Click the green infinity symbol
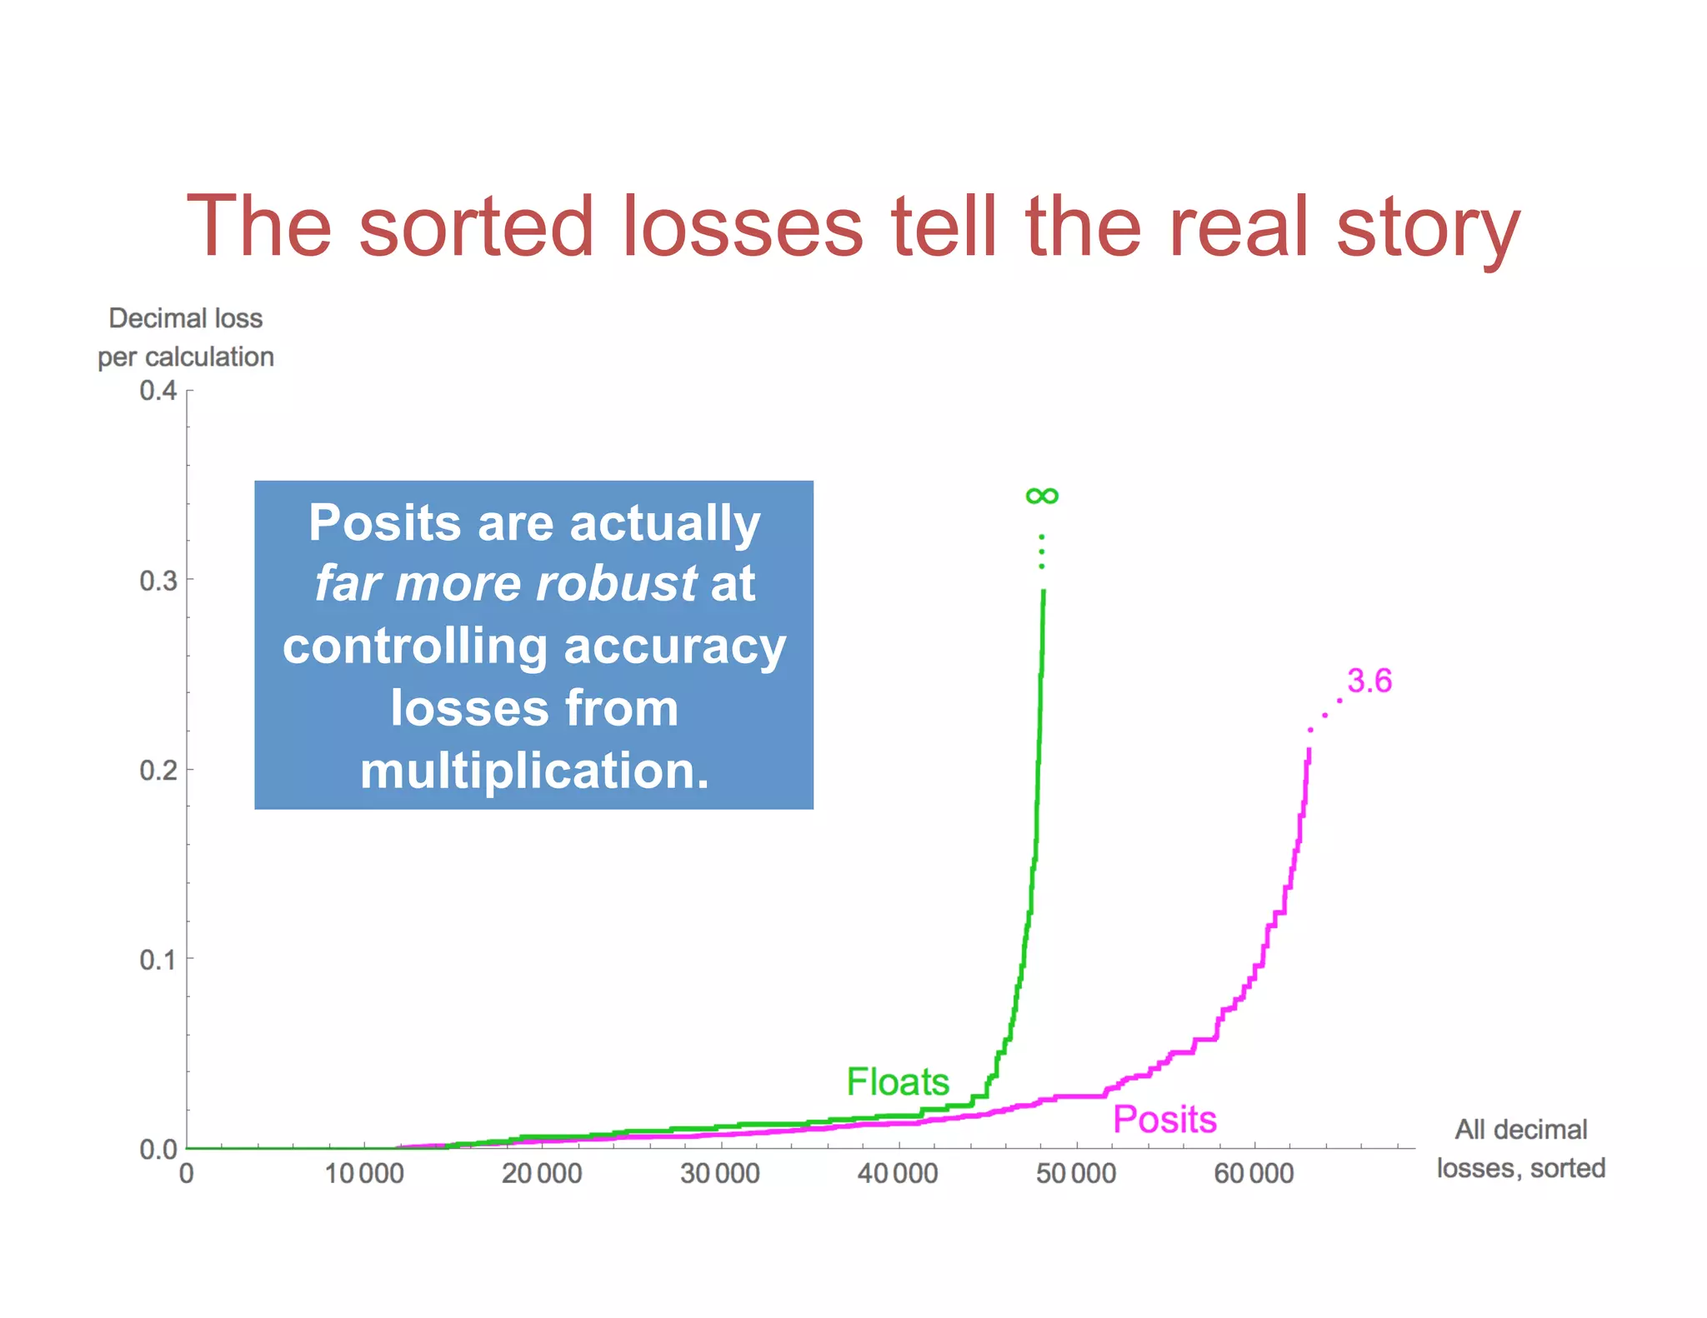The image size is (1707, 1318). point(1042,497)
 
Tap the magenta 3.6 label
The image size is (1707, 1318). point(1369,681)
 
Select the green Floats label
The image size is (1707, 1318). point(898,1081)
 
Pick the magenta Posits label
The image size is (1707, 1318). point(1164,1119)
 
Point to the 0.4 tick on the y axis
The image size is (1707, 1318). point(158,390)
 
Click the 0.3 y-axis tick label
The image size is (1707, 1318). point(158,580)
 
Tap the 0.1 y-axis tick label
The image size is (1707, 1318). point(158,960)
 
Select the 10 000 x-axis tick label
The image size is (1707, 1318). point(364,1173)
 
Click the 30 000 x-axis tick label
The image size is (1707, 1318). point(720,1173)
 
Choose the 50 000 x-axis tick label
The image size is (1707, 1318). point(1076,1173)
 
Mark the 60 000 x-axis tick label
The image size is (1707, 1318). point(1254,1173)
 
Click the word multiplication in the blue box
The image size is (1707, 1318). point(534,770)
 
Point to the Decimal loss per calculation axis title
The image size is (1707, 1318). point(186,337)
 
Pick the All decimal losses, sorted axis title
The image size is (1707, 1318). point(1520,1149)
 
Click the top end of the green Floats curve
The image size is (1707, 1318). point(1044,592)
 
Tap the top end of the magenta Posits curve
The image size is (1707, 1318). point(1309,751)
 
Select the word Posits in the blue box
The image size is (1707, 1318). point(384,523)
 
